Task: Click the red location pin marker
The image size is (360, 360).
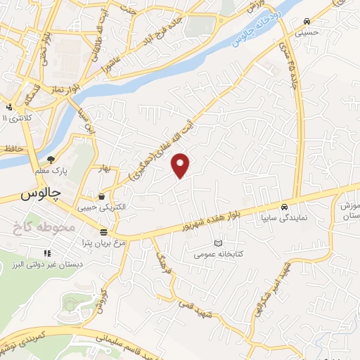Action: [x=181, y=165]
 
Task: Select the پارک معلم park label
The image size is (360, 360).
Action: [x=49, y=171]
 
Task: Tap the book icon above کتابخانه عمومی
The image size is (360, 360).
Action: [x=217, y=243]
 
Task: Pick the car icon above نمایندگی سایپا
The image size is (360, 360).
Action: [x=283, y=207]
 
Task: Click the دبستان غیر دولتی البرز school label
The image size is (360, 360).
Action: [x=47, y=264]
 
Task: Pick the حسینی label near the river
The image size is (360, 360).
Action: [x=309, y=32]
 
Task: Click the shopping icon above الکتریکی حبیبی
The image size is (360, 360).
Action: [x=103, y=196]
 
